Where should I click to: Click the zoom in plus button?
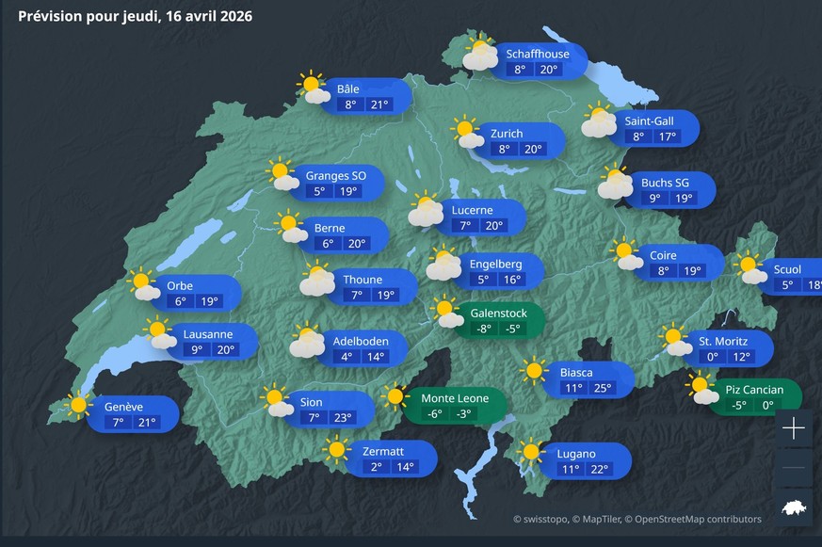[x=794, y=429]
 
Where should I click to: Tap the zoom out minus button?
[x=794, y=468]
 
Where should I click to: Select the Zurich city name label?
[x=507, y=134]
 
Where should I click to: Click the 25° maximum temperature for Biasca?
[x=602, y=388]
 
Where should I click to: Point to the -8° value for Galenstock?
[x=483, y=329]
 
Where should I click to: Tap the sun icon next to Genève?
[x=77, y=406]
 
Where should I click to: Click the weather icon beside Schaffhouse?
[x=480, y=54]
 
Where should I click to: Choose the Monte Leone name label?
[x=455, y=398]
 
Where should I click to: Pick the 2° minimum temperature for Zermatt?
[x=376, y=467]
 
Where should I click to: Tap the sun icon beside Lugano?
[x=532, y=452]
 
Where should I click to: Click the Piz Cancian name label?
[x=754, y=390]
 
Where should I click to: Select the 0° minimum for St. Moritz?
[x=713, y=357]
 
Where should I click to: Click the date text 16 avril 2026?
[x=206, y=16]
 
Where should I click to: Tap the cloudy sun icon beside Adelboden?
[x=307, y=341]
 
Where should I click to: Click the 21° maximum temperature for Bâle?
[x=379, y=105]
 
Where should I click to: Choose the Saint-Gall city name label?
[x=649, y=121]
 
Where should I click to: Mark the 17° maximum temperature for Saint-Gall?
[x=668, y=137]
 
